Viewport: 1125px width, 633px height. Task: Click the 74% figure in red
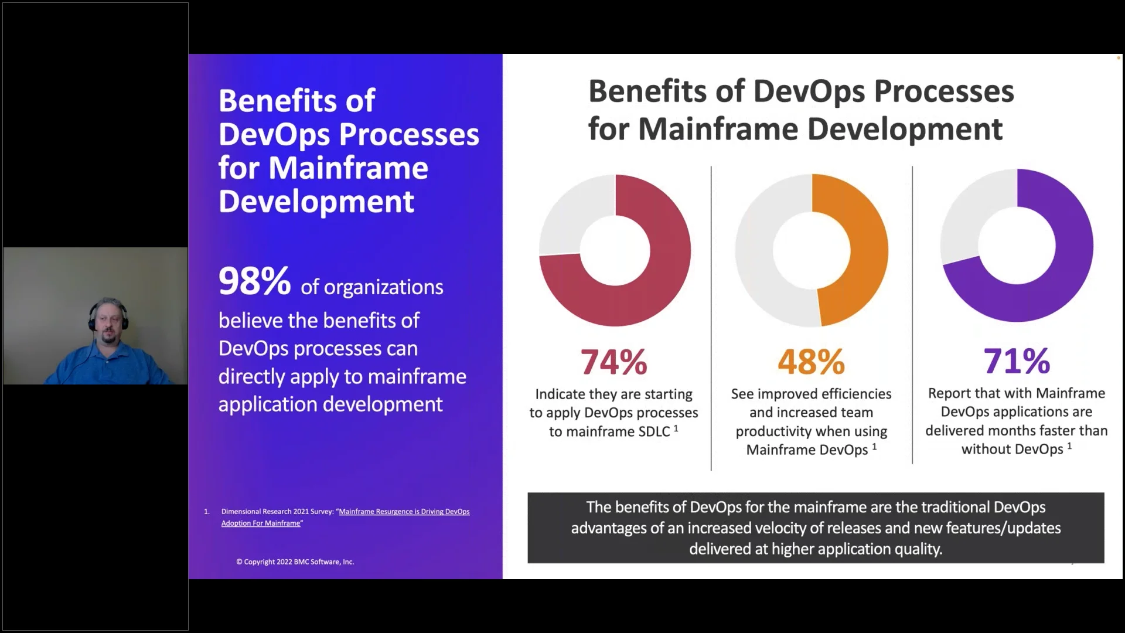613,362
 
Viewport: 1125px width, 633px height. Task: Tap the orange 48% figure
811,362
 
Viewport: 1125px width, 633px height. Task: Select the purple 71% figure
1016,360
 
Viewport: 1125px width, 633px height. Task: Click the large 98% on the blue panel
254,281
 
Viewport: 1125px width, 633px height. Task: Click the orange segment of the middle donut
861,246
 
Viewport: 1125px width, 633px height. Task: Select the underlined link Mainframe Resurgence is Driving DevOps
404,512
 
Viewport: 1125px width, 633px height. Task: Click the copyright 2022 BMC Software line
295,561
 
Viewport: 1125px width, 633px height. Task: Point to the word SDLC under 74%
653,431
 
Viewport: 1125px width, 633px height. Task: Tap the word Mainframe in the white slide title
718,129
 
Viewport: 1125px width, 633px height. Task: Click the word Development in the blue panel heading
316,202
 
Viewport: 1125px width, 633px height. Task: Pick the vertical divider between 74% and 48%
711,316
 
